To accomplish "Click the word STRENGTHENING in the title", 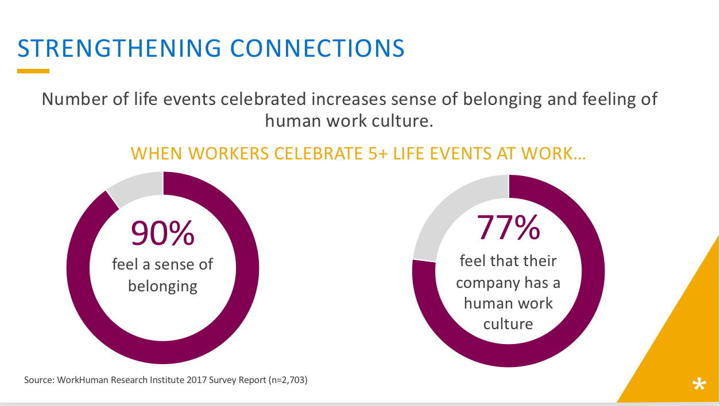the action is pos(119,49).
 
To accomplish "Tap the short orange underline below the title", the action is pos(33,71).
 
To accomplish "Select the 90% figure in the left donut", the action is pos(162,233).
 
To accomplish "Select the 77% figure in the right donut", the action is pos(508,228).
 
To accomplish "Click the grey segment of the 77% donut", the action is pos(453,212).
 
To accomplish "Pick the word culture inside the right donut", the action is pos(508,324).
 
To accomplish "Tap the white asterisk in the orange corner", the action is pos(699,384).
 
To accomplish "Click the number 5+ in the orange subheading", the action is pos(378,154).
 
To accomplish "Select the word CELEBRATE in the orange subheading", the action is pos(319,154).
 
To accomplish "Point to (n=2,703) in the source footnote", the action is pos(288,380).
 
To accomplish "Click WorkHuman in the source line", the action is pos(83,380).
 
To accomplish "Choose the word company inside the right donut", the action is pos(488,284).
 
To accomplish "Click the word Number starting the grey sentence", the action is pos(75,99).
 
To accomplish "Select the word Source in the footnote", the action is pos(39,380).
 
